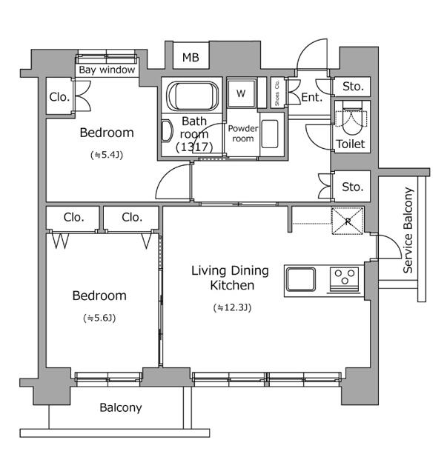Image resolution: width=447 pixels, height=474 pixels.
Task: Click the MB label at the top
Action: tap(191, 57)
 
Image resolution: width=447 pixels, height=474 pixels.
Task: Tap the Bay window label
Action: tap(107, 70)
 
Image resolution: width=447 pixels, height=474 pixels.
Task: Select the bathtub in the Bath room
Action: tap(193, 96)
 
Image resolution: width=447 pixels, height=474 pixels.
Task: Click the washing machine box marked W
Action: tap(241, 93)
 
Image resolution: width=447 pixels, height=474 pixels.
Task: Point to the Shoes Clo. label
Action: tap(277, 93)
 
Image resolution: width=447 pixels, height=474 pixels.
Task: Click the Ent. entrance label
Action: tap(312, 97)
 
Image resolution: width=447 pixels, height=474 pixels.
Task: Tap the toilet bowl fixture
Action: tap(352, 118)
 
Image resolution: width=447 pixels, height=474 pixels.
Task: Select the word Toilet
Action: tap(351, 144)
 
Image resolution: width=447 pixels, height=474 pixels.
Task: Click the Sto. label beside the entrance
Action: tap(353, 87)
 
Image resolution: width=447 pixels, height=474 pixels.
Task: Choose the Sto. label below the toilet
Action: tap(353, 187)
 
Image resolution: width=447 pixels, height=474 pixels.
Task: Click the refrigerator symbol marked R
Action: tap(348, 221)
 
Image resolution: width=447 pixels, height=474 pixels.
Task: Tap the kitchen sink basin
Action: tap(301, 279)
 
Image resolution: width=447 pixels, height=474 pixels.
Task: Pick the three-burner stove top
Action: tap(345, 280)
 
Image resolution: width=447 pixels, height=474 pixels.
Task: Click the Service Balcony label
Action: tap(408, 230)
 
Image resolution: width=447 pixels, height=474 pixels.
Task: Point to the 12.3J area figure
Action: tap(233, 308)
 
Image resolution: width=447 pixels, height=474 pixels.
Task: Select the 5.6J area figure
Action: tap(99, 318)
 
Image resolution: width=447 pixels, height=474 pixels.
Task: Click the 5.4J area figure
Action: tap(107, 155)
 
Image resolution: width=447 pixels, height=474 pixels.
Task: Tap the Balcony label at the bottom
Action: tap(121, 408)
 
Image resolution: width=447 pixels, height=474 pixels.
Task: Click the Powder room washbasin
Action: tap(270, 134)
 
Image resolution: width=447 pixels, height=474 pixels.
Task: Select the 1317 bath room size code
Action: tap(194, 147)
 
